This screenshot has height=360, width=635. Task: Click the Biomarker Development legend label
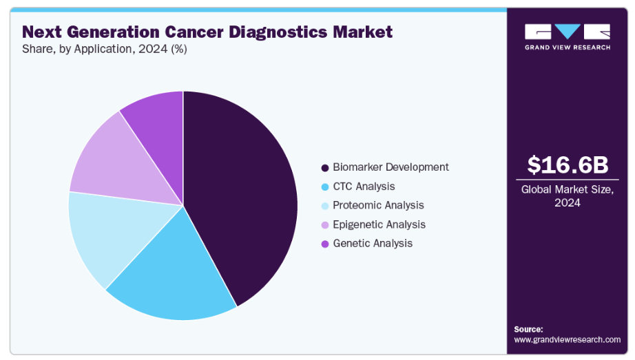391,167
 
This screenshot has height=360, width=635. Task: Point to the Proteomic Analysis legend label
378,205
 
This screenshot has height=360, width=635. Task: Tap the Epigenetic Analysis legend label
379,224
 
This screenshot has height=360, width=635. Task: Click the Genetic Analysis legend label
373,243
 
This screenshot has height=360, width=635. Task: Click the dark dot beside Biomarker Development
324,167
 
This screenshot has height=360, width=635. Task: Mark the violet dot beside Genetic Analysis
324,244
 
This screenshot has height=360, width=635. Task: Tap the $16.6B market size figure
568,165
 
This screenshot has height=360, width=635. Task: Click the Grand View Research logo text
568,47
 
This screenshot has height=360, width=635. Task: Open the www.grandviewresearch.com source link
568,339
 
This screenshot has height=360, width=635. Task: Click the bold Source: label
528,329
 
